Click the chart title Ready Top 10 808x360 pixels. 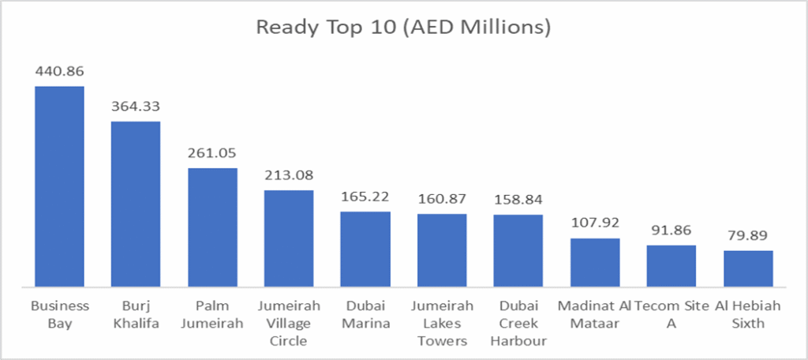(403, 28)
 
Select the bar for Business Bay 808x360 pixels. (59, 186)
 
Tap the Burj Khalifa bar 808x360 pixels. (135, 204)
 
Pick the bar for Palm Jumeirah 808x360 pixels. (212, 227)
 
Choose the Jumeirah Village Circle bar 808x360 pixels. (289, 238)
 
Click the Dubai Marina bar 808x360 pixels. (365, 249)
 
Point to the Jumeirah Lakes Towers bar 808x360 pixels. (442, 250)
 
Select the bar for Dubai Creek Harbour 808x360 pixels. (518, 250)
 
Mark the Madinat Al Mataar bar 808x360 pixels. (595, 262)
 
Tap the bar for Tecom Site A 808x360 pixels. (671, 266)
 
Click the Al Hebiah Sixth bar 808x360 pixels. (748, 268)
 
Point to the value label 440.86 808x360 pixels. (59, 71)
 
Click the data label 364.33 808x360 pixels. (135, 107)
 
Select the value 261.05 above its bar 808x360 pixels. (212, 153)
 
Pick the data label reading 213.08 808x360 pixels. (289, 175)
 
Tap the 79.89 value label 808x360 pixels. (748, 235)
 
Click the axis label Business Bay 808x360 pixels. (59, 314)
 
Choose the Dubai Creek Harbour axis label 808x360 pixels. (518, 323)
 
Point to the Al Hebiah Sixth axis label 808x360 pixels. (748, 314)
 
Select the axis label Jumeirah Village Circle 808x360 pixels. (289, 323)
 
